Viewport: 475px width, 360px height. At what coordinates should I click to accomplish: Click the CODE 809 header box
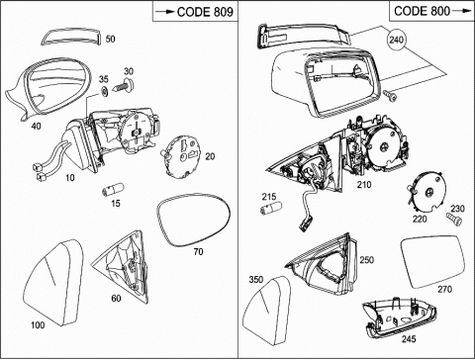[195, 12]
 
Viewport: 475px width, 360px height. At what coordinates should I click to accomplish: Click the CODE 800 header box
[432, 12]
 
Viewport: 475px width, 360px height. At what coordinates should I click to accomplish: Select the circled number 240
[396, 40]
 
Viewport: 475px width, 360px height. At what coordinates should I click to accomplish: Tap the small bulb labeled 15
[112, 191]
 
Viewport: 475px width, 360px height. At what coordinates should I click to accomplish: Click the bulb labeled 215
[271, 209]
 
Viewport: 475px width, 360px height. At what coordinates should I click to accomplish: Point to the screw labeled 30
[125, 85]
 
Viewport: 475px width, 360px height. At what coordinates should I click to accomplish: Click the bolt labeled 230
[453, 220]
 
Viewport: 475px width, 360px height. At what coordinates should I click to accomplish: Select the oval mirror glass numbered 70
[194, 220]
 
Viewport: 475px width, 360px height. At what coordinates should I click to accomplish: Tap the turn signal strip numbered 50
[72, 38]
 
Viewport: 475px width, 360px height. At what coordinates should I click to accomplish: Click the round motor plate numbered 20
[182, 157]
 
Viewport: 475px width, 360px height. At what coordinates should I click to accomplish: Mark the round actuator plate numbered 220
[428, 193]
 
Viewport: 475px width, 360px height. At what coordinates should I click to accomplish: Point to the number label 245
[409, 339]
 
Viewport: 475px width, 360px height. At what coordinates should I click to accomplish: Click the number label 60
[116, 299]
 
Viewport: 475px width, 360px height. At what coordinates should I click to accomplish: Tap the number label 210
[364, 185]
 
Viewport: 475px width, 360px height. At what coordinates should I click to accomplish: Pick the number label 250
[367, 260]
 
